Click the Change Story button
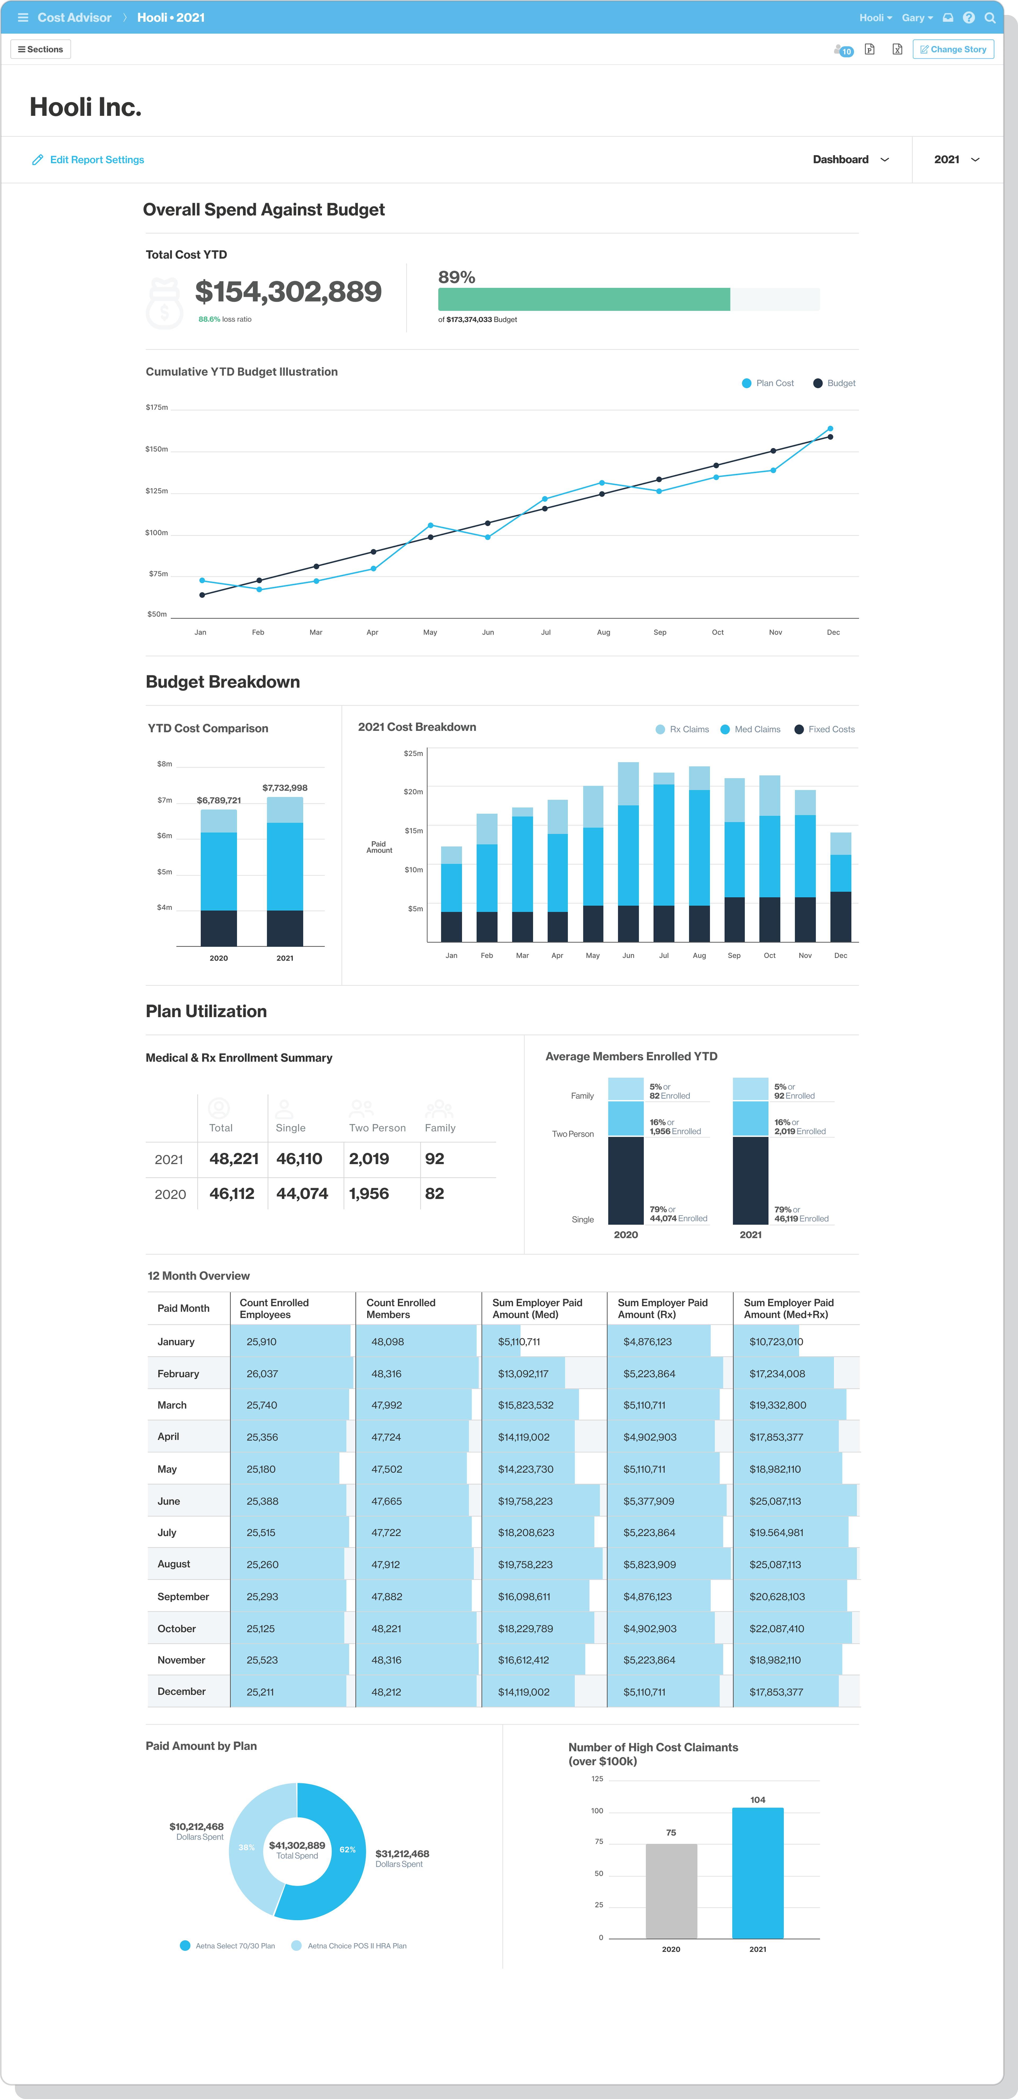953,50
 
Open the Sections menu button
41,50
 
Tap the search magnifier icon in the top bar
989,17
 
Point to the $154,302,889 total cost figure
288,292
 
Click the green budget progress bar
583,299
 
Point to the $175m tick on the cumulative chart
156,407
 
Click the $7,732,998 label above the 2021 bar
284,788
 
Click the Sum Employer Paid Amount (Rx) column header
663,1308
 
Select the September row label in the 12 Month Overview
183,1596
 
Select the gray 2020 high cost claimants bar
671,1890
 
